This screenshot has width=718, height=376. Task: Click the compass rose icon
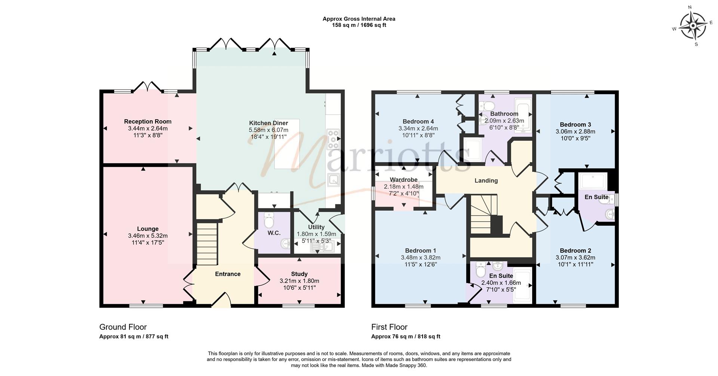pos(693,26)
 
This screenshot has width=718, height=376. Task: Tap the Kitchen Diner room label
pos(269,123)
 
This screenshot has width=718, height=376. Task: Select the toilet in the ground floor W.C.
pos(269,220)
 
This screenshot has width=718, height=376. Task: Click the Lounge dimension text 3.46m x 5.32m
pos(148,235)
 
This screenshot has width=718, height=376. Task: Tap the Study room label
pos(299,274)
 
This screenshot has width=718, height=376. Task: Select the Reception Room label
pos(148,121)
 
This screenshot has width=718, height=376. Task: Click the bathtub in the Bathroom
pos(523,115)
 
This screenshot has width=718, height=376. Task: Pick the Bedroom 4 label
pos(418,121)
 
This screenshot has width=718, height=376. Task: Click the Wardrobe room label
pos(404,180)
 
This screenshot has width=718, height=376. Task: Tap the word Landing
pos(486,181)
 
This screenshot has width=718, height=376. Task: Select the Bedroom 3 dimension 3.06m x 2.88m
pos(575,131)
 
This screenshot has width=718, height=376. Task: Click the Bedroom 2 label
pos(575,250)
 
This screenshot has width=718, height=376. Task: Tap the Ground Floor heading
pos(123,327)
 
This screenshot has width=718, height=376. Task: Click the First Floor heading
pos(389,327)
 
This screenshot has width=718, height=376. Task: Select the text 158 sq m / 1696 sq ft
pos(359,25)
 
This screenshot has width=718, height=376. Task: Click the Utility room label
pos(316,227)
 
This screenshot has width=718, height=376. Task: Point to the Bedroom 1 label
pos(420,250)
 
